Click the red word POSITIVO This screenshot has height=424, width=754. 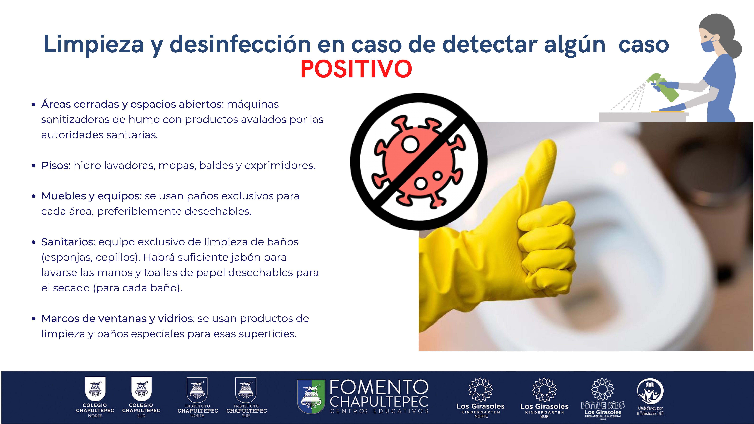[x=356, y=69]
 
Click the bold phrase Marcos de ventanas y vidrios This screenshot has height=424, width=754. [x=118, y=318]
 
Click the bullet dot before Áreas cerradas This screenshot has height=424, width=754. [x=34, y=105]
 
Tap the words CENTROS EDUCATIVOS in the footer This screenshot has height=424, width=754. [x=379, y=411]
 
